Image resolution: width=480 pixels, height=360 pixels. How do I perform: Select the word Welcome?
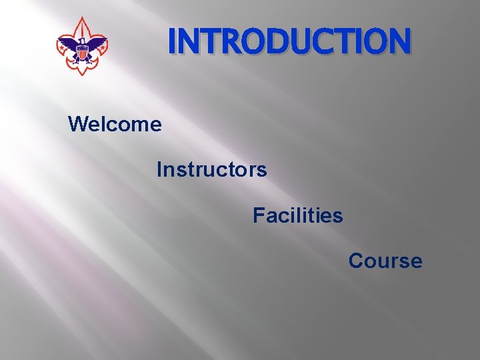(115, 124)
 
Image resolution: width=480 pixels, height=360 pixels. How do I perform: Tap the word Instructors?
(211, 170)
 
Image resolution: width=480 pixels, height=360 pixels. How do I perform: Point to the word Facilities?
(297, 216)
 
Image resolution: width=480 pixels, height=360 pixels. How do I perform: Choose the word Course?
(385, 261)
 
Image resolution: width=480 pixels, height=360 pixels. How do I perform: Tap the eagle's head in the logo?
(81, 40)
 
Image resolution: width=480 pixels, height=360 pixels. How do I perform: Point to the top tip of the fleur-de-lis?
(82, 19)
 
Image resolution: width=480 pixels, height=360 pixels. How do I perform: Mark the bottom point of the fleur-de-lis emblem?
(82, 73)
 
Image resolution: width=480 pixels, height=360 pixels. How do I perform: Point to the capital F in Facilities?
(258, 216)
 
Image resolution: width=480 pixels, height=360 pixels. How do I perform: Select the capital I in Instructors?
(159, 170)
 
